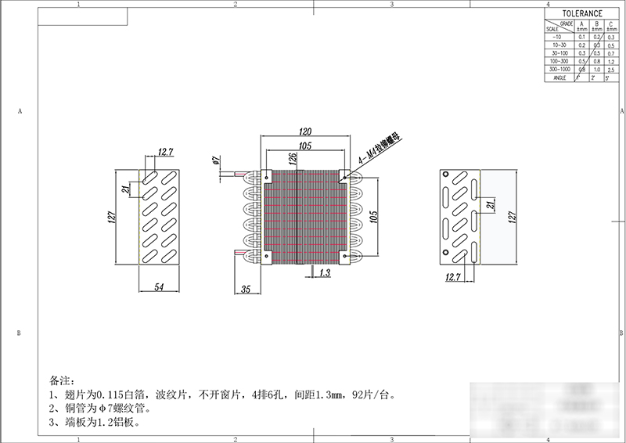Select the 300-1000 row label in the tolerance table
click(559, 69)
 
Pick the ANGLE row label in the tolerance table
click(559, 77)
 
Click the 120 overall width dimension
click(306, 132)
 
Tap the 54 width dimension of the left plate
click(159, 288)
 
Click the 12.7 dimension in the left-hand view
click(165, 152)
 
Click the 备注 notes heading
click(59, 380)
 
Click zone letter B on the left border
click(18, 333)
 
